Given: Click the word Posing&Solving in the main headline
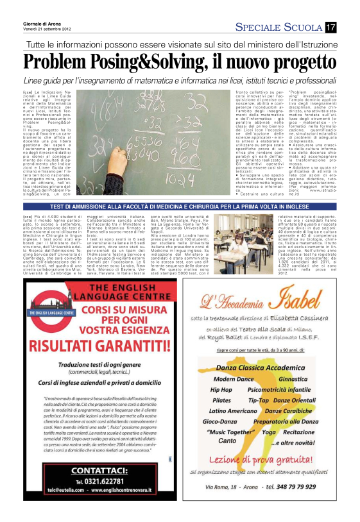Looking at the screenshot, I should pyautogui.click(x=160, y=62).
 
